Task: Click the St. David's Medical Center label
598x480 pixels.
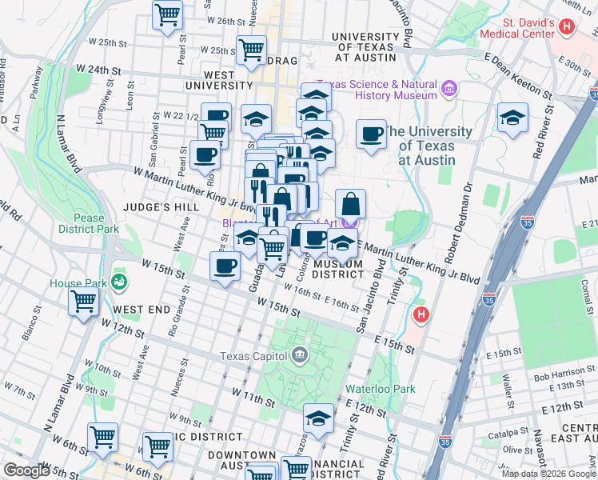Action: pyautogui.click(x=517, y=28)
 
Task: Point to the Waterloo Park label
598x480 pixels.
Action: pyautogui.click(x=380, y=389)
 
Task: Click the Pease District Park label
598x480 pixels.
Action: pyautogui.click(x=88, y=222)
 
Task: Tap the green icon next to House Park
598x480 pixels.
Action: pyautogui.click(x=119, y=282)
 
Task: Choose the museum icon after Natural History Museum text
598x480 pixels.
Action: pyautogui.click(x=448, y=89)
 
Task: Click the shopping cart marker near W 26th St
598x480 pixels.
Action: pyautogui.click(x=168, y=14)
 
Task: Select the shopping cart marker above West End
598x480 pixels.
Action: pyautogui.click(x=84, y=302)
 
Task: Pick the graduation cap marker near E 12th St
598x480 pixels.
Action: pyautogui.click(x=318, y=418)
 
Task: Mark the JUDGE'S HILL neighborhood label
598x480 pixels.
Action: pyautogui.click(x=161, y=206)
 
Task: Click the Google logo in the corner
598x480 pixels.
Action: pyautogui.click(x=26, y=470)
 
